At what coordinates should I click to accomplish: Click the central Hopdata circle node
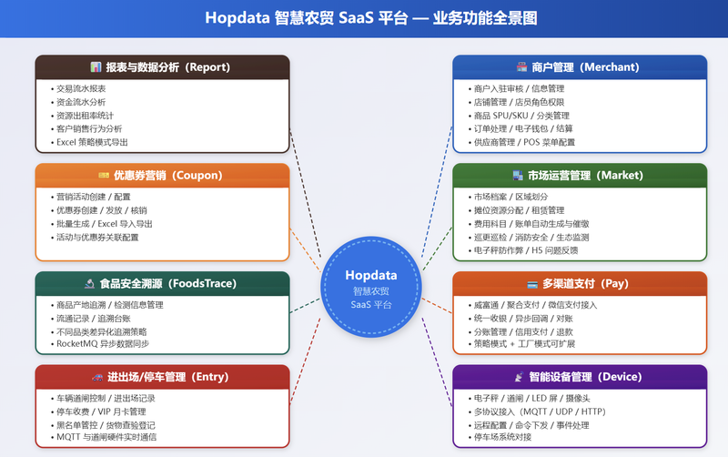371,287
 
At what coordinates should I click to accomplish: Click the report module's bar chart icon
96,67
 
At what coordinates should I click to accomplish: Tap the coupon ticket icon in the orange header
104,175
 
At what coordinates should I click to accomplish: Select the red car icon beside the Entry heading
97,377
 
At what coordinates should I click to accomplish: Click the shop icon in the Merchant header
521,66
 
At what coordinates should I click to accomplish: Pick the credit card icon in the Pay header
532,284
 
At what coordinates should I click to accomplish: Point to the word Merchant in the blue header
612,67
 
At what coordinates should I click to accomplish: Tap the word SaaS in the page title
356,18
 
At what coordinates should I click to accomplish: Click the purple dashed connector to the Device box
437,362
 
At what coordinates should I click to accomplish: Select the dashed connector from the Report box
305,194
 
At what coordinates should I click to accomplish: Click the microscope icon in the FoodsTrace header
89,283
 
